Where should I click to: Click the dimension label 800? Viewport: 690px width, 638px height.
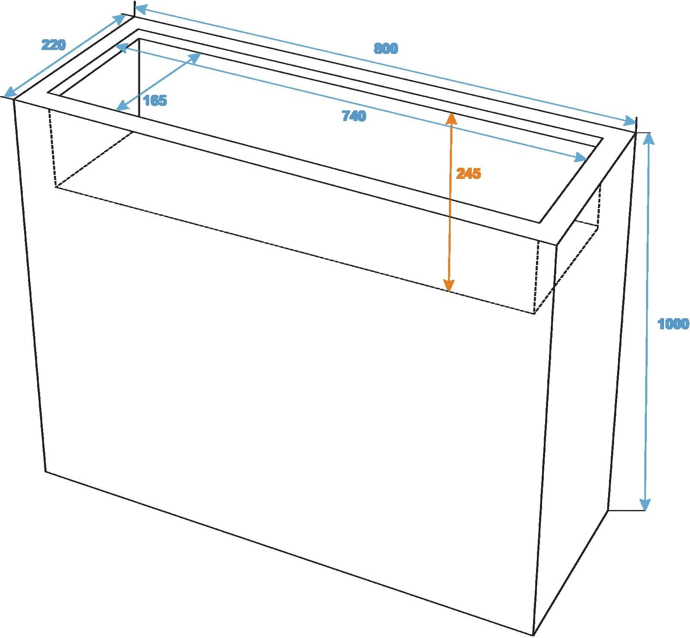coord(386,49)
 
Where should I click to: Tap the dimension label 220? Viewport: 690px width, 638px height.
coord(53,44)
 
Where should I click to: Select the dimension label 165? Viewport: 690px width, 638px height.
coord(155,101)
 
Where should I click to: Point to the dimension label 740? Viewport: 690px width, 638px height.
coord(354,116)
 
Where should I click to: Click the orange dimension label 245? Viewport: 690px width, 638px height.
coord(468,174)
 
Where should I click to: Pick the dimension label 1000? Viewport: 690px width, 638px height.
coord(673,324)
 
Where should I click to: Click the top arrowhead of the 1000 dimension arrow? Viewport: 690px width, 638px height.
coord(649,138)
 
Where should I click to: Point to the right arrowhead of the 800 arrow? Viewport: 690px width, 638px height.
coord(630,121)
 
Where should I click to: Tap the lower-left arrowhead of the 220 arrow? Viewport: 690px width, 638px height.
coord(10,91)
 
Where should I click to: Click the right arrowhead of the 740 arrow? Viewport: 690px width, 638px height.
coord(580,158)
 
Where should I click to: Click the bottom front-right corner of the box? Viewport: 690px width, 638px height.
coord(533,635)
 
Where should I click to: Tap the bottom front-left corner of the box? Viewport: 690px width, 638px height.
coord(46,471)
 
